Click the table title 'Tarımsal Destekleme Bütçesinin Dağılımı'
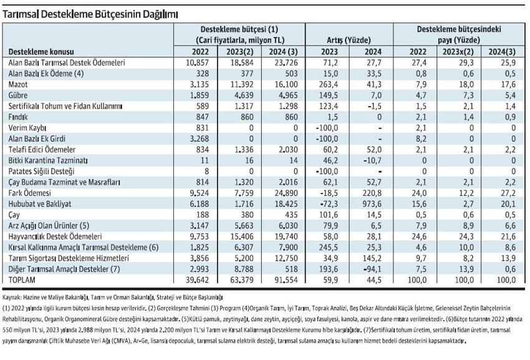point(90,14)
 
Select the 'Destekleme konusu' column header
point(41,52)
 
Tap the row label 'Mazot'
point(18,84)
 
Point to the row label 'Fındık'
point(18,117)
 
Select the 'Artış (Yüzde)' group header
point(349,41)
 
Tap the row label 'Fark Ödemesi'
point(30,193)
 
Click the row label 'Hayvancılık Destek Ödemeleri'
point(55,236)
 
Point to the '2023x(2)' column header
point(458,52)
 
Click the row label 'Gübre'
point(18,95)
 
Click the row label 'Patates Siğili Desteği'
point(41,171)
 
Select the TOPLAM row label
point(22,280)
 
